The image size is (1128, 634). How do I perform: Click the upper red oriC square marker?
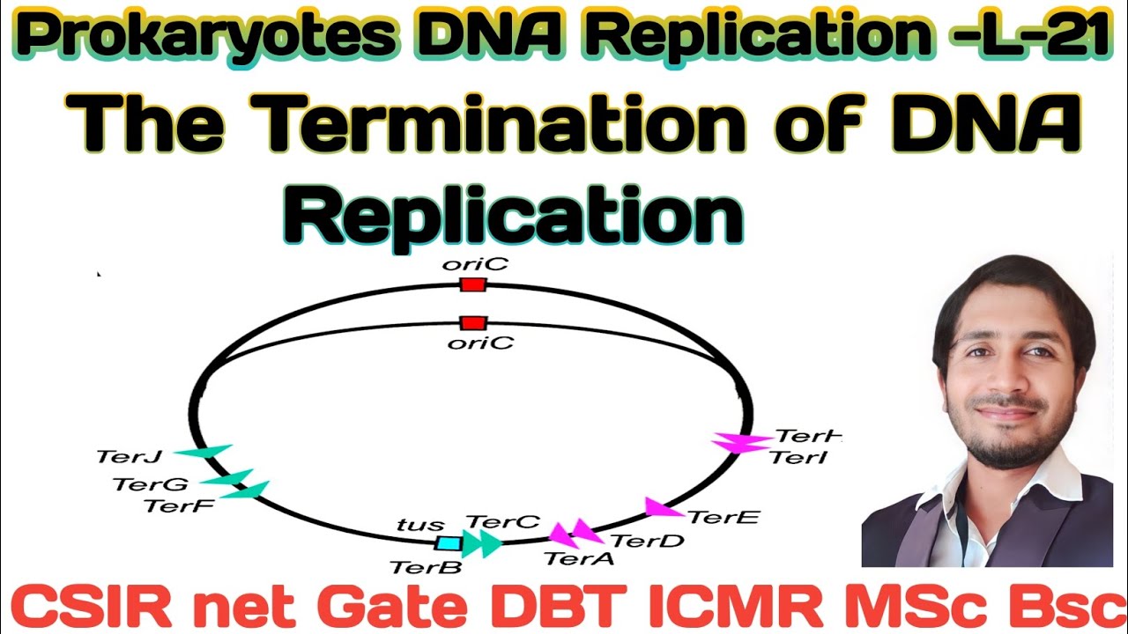[473, 284]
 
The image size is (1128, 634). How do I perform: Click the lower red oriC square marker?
[473, 323]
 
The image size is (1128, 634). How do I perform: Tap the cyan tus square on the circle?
[449, 543]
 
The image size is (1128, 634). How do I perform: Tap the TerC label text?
[502, 522]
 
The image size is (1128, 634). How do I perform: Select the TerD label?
[647, 540]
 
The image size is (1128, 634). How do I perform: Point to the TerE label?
[723, 517]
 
